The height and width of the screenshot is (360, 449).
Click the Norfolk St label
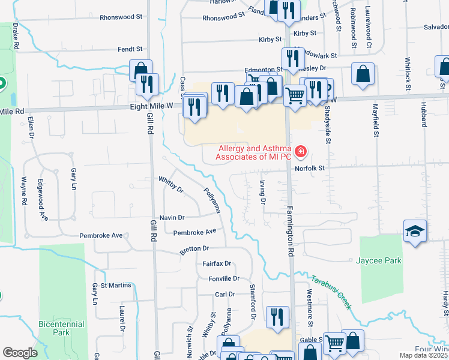point(310,169)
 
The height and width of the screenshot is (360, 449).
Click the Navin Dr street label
point(172,217)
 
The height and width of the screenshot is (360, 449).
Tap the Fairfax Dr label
point(217,263)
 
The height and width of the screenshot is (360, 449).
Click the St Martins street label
point(116,285)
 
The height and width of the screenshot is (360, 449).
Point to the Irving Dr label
point(262,192)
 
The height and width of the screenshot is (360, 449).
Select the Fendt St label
point(130,49)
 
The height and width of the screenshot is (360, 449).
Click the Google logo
point(20,353)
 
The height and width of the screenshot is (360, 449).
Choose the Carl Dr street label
point(224,295)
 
